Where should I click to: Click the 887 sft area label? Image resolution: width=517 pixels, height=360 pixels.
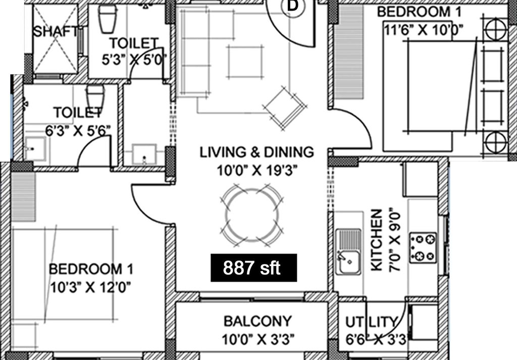tap(251, 268)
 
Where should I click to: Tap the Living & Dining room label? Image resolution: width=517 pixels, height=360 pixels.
tap(256, 152)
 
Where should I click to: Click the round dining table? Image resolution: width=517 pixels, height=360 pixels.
tap(252, 215)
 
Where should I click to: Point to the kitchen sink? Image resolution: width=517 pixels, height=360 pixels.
tap(348, 251)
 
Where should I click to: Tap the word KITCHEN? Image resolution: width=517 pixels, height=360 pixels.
tap(377, 240)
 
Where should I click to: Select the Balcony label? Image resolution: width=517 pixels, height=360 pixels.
tap(257, 321)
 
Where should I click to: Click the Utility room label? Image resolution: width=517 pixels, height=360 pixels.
tap(372, 322)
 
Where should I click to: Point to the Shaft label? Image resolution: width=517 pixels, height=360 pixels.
tap(56, 32)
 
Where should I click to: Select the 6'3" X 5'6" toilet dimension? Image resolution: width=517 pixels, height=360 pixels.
tap(78, 131)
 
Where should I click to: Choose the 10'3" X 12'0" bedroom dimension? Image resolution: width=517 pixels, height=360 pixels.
tap(90, 287)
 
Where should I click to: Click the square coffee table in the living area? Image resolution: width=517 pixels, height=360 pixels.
tap(245, 62)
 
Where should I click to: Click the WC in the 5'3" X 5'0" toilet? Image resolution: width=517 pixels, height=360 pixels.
tap(108, 19)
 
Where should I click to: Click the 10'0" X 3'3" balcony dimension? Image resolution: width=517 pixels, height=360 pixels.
tap(258, 339)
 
